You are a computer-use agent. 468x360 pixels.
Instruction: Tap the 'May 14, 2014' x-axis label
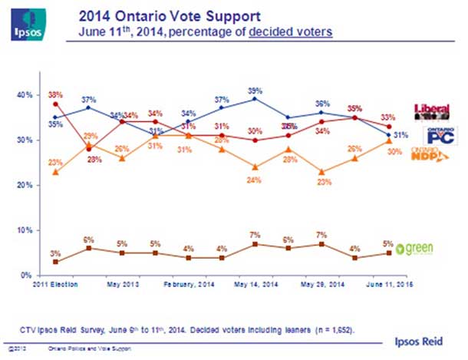[255, 285]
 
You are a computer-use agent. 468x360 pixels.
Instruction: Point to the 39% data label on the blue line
[255, 91]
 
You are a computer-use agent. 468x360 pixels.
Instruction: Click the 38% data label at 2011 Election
[54, 95]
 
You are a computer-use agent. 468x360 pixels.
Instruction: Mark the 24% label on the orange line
[253, 180]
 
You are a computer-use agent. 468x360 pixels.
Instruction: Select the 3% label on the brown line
[54, 253]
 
